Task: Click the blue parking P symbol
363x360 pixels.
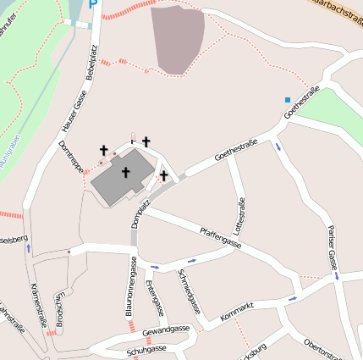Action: tap(93, 4)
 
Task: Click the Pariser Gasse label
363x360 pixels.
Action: tap(333, 248)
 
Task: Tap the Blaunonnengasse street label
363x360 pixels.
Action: tap(131, 288)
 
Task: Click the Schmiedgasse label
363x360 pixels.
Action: tap(190, 291)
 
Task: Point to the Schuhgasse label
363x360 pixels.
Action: tap(146, 348)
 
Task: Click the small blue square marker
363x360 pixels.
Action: tap(287, 100)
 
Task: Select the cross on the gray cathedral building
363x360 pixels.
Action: tap(125, 173)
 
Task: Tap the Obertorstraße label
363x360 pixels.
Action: tap(322, 347)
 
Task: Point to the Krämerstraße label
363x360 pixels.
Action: tap(38, 306)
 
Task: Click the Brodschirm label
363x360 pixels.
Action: tap(59, 309)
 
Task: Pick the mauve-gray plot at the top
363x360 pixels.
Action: tap(179, 38)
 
